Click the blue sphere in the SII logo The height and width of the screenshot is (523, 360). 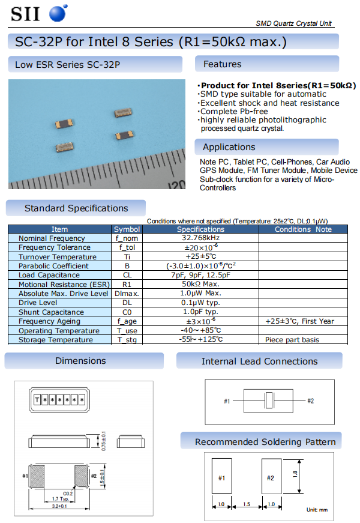(x=58, y=13)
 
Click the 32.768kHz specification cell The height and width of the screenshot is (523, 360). (x=200, y=238)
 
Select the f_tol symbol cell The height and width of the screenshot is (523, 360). (x=127, y=247)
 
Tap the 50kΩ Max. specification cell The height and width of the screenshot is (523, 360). (x=200, y=285)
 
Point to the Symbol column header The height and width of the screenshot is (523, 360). (x=127, y=229)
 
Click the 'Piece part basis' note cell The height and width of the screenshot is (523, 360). (x=292, y=340)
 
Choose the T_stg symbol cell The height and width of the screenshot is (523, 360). (x=127, y=340)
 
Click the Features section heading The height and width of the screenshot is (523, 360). (x=222, y=64)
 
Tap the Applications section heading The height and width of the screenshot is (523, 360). (x=229, y=147)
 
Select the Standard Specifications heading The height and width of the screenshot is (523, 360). (x=76, y=208)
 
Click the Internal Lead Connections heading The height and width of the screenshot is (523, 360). (x=259, y=361)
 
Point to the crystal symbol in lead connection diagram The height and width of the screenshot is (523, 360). (x=269, y=401)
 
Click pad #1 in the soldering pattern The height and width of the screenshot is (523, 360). (x=221, y=478)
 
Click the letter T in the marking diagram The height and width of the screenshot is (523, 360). (x=37, y=399)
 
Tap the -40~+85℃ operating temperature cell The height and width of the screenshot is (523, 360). (x=200, y=331)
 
